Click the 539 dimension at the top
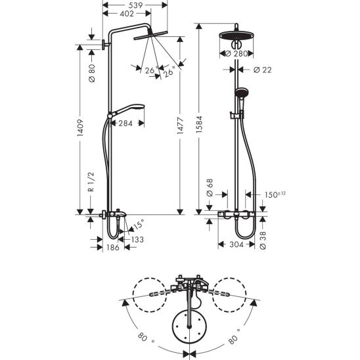click(135, 5)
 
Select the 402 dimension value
click(127, 14)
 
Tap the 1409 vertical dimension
click(80, 127)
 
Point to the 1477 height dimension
click(180, 125)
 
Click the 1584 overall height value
click(199, 124)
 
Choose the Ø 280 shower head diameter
click(236, 54)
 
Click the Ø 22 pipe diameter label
click(262, 70)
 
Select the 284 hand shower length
click(125, 124)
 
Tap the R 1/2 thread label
click(91, 181)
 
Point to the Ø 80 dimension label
click(91, 73)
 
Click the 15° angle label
click(139, 224)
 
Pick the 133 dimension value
click(137, 240)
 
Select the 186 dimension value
click(113, 248)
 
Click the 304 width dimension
click(236, 244)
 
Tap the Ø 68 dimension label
click(210, 188)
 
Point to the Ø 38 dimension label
click(263, 240)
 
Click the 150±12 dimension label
click(275, 194)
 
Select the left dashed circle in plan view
click(150, 295)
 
